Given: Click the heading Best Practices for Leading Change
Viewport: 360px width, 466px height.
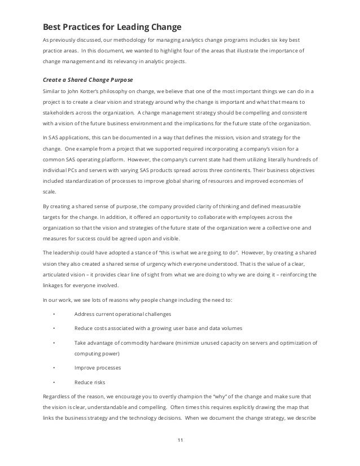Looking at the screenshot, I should pyautogui.click(x=112, y=27).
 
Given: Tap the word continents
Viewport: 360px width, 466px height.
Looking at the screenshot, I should pyautogui.click(x=227, y=170).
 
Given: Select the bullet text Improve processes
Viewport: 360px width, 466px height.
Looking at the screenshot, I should pyautogui.click(x=97, y=367).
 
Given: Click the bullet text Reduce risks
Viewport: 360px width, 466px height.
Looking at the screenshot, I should pyautogui.click(x=90, y=381).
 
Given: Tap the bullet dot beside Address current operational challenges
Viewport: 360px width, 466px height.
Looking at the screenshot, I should pyautogui.click(x=53, y=314).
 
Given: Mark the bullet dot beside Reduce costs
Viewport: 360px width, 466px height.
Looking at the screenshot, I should pyautogui.click(x=53, y=328).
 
